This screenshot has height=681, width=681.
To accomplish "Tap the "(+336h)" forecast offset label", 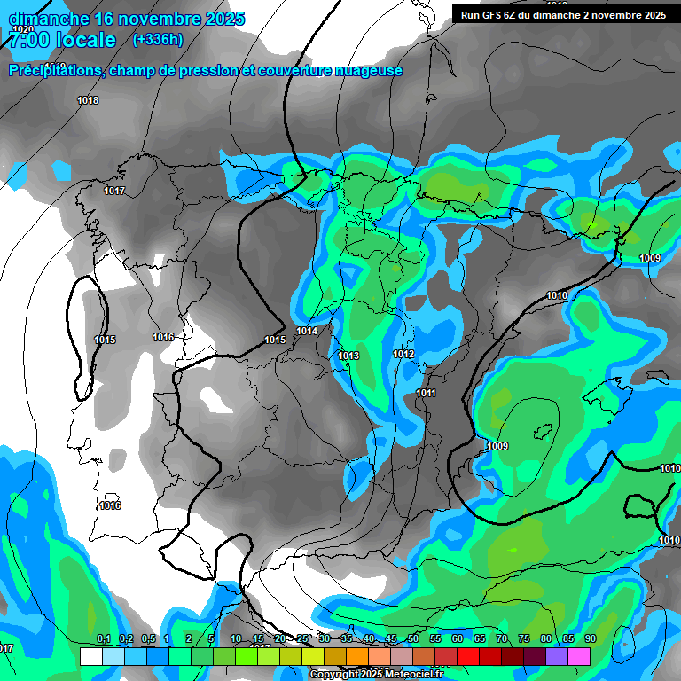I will click(157, 39).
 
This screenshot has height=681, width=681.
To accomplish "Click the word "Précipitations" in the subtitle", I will click(53, 71).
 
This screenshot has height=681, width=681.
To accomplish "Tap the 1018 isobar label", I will click(88, 101).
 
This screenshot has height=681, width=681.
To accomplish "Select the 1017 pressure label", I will click(114, 192).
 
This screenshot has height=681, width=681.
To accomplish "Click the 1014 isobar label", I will click(307, 332).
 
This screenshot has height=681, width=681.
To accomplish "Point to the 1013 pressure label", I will click(348, 356).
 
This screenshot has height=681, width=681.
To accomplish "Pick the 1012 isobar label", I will click(403, 355).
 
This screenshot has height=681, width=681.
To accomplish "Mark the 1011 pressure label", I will click(426, 394).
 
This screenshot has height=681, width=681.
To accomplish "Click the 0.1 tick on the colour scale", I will click(104, 639).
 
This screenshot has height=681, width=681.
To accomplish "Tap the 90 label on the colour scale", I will click(590, 639).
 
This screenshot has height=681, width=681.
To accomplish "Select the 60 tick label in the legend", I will click(458, 639).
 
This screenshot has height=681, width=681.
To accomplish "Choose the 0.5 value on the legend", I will click(146, 639).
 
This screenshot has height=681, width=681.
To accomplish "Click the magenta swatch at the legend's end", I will click(579, 656).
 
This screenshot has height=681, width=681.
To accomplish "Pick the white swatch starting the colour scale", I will click(90, 656).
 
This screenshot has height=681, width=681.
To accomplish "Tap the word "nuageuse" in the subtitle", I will click(365, 71).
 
